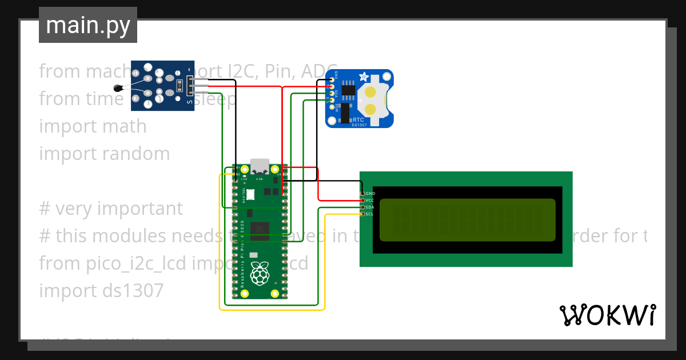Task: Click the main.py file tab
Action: point(88,26)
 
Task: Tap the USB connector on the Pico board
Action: point(260,166)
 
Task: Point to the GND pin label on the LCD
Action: point(370,194)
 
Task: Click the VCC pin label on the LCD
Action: point(370,201)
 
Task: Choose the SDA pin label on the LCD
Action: point(370,207)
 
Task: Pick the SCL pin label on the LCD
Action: point(370,214)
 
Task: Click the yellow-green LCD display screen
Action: point(467,220)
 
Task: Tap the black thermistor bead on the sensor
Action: point(119,88)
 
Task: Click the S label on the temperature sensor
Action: point(190,102)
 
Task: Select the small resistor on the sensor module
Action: point(180,86)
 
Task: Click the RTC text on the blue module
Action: point(358,119)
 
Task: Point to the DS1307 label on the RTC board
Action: point(358,125)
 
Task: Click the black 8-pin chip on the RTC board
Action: point(348,92)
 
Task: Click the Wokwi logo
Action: point(608,315)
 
